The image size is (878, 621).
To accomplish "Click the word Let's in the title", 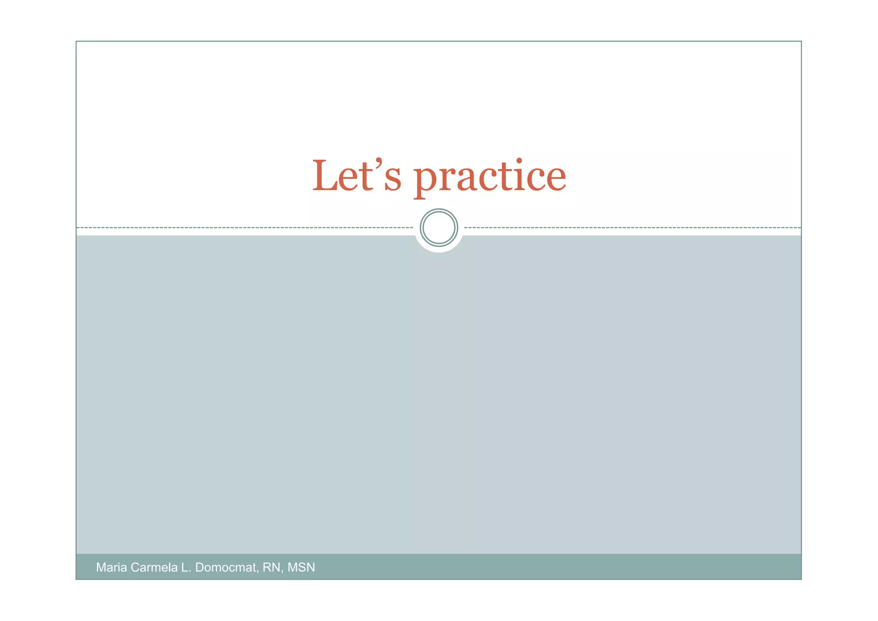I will (357, 176).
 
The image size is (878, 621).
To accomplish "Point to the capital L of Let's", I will (326, 176).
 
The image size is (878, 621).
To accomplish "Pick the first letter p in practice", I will (427, 180).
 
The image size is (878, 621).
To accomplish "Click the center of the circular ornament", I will (439, 227).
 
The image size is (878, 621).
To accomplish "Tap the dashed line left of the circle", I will (244, 227).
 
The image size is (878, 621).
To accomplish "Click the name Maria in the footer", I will (111, 567).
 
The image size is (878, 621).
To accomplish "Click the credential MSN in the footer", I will (301, 567).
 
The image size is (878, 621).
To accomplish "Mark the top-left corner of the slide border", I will (76, 42).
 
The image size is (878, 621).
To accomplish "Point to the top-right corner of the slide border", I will (801, 42).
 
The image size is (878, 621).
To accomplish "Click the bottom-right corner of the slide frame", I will (801, 579).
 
